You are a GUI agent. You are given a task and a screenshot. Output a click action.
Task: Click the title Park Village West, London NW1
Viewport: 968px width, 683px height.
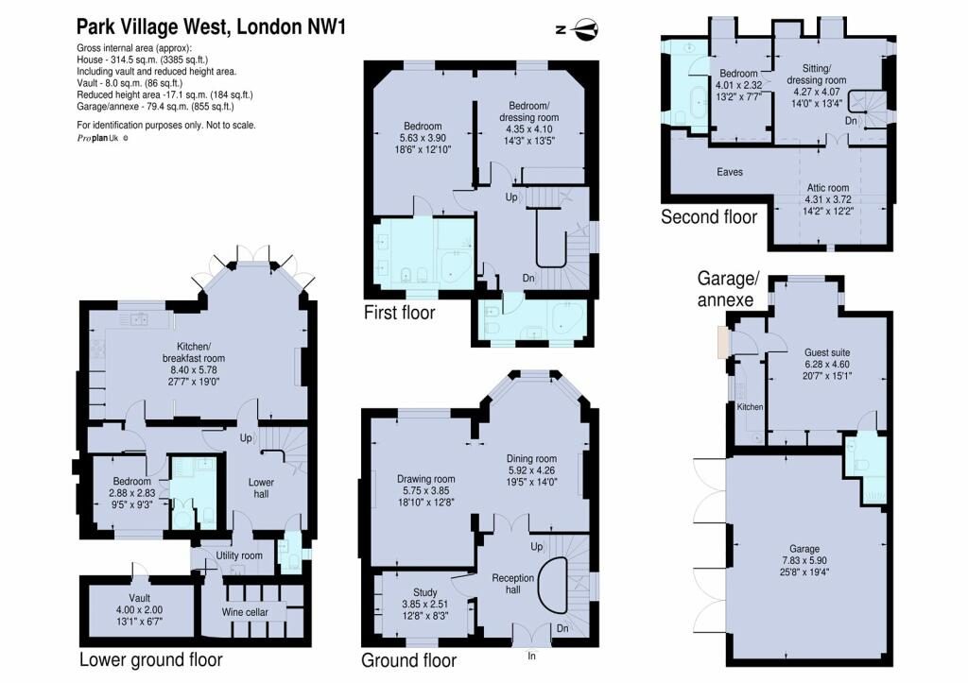coord(211,26)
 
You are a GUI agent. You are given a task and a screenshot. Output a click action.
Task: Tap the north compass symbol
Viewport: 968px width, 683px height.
coord(579,29)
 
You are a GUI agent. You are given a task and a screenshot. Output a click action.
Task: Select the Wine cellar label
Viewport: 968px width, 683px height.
coord(245,612)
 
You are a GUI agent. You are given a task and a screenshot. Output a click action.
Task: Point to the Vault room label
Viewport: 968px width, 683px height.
coord(140,598)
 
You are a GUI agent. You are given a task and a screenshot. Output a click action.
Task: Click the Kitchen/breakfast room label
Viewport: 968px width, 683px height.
coord(194,352)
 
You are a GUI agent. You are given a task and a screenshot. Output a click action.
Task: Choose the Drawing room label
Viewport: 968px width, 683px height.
coord(426,479)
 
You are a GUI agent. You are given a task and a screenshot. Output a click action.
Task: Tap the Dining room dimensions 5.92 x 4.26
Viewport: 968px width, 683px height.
coord(531,470)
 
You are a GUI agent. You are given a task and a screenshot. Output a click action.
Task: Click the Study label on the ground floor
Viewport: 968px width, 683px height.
coord(425,592)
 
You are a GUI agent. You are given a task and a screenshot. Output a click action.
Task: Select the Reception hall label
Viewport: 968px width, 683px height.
coord(513,584)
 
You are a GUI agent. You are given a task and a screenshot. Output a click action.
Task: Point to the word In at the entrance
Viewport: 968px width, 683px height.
coord(531,656)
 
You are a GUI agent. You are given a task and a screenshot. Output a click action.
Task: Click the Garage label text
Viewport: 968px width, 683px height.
coord(804,549)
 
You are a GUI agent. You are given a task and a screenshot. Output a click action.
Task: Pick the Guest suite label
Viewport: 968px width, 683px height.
coord(826,352)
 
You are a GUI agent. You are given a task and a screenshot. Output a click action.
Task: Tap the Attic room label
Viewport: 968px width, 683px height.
coord(828,188)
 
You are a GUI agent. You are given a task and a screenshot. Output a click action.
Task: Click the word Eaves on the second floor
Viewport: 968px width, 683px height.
coord(730,172)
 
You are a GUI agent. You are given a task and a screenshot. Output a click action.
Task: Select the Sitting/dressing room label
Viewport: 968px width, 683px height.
coord(816,74)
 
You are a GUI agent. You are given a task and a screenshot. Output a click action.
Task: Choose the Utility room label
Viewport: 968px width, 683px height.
coord(239,555)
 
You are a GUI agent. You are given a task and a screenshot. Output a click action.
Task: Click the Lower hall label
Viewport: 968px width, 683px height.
coord(261,488)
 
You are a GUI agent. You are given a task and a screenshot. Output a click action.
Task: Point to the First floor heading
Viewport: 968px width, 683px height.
coord(400,312)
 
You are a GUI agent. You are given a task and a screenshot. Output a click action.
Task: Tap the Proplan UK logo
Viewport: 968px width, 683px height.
coord(102,138)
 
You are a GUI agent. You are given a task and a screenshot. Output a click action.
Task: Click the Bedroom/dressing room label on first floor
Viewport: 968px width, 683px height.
coord(529,111)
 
